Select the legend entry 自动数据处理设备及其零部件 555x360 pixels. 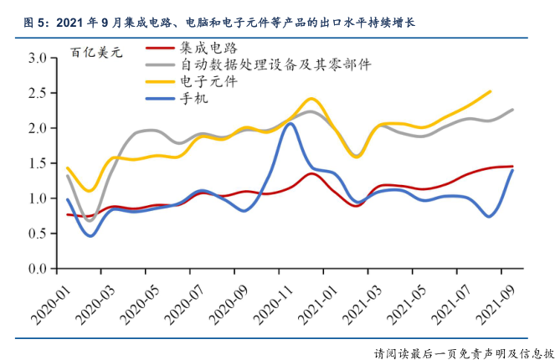click(x=275, y=64)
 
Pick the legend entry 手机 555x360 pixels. click(x=194, y=98)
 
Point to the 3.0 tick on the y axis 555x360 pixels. click(x=37, y=59)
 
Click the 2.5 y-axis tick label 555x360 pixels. click(x=37, y=94)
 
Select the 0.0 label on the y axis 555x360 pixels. click(x=37, y=270)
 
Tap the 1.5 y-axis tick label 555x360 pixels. click(x=37, y=164)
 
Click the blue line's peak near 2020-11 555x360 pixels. click(x=290, y=124)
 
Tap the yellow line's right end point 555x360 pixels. click(x=490, y=91)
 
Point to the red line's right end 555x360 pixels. click(x=512, y=167)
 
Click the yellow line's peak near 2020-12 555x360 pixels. click(x=311, y=99)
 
